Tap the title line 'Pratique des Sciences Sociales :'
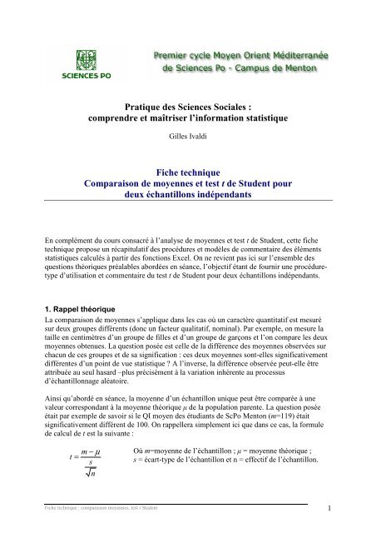tap(187, 107)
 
